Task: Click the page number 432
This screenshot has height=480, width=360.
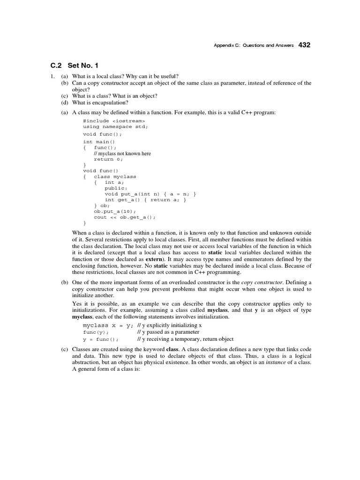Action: click(x=304, y=45)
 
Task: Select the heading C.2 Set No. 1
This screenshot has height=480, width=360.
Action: click(x=75, y=65)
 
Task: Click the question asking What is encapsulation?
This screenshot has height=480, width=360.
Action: click(x=94, y=103)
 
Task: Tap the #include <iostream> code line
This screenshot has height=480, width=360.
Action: click(x=114, y=120)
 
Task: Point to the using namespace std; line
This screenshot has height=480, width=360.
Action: click(x=115, y=127)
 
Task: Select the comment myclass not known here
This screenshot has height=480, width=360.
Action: click(x=122, y=153)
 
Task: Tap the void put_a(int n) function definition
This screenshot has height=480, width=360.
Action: click(x=150, y=194)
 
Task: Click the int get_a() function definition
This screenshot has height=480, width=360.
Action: click(x=145, y=200)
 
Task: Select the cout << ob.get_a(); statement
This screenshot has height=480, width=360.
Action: click(x=124, y=217)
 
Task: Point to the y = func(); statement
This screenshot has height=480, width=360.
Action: click(x=100, y=339)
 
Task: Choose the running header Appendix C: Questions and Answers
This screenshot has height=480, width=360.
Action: click(x=254, y=45)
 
